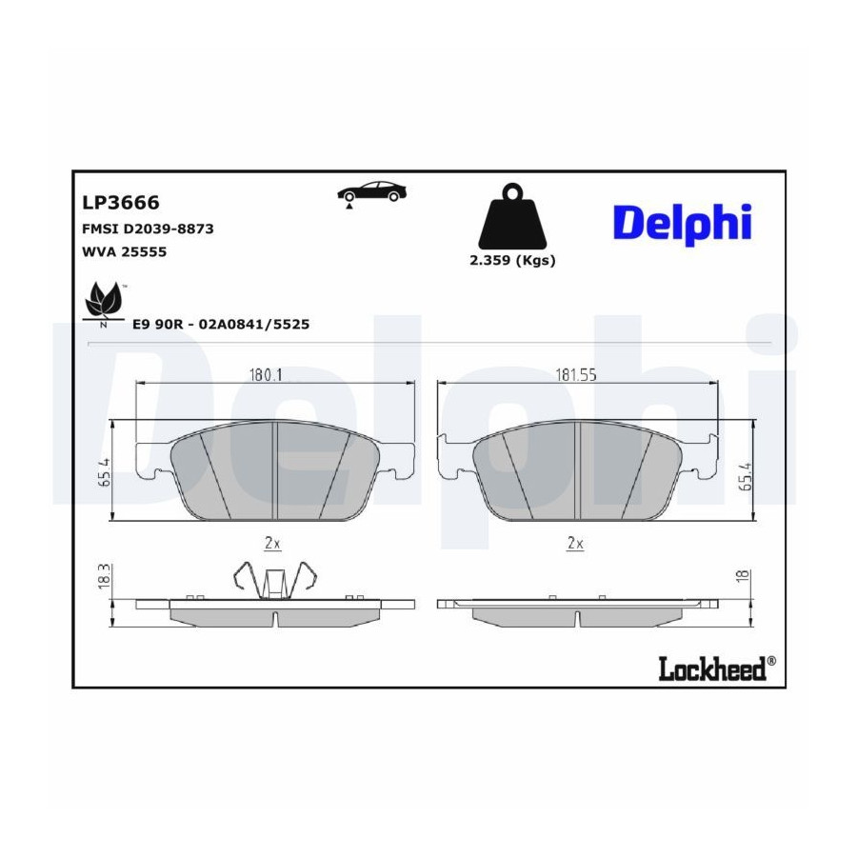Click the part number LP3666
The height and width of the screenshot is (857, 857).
[x=121, y=203]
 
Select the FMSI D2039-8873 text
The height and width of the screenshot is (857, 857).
[x=148, y=229]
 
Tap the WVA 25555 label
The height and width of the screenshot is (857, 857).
[x=124, y=252]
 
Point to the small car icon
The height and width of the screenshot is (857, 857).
[x=371, y=194]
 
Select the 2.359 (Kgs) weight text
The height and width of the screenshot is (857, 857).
[x=512, y=261]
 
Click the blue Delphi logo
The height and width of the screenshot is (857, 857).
[x=683, y=224]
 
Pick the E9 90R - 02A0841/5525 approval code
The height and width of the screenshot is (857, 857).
[x=221, y=324]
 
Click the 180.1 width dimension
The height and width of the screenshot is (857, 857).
[x=266, y=375]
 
